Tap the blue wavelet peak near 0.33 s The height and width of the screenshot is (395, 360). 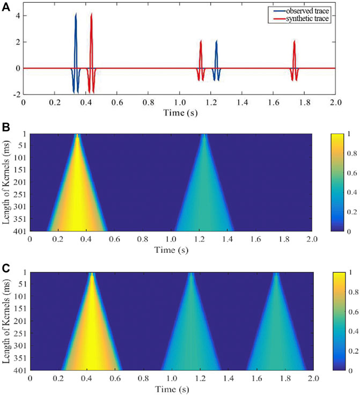tap(76, 14)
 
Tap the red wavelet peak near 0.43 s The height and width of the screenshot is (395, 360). tap(92, 14)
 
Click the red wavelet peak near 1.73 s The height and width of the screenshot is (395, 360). tap(295, 41)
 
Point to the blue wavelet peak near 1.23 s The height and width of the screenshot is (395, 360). tap(216, 41)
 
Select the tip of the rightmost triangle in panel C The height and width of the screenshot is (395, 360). tap(276, 274)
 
